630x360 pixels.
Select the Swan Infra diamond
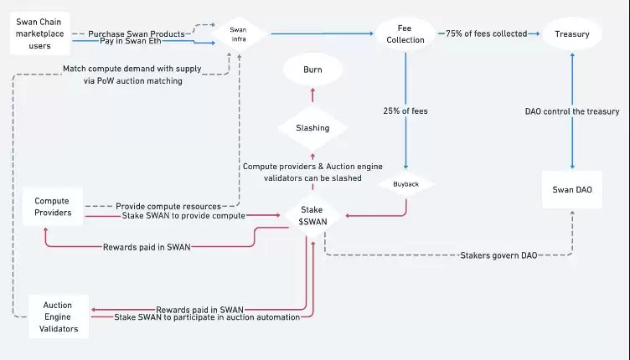coord(238,34)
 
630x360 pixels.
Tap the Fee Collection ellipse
coord(405,34)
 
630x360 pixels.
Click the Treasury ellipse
coord(572,34)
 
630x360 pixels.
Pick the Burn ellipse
coord(312,70)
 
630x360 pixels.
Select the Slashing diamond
coord(312,128)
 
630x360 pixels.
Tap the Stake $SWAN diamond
coord(312,215)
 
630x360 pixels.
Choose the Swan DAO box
coord(572,190)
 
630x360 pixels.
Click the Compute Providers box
coord(52,207)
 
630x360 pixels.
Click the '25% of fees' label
coord(405,111)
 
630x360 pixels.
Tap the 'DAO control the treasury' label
coord(572,111)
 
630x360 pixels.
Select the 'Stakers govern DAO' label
coord(499,255)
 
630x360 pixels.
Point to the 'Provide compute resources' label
coord(168,206)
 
